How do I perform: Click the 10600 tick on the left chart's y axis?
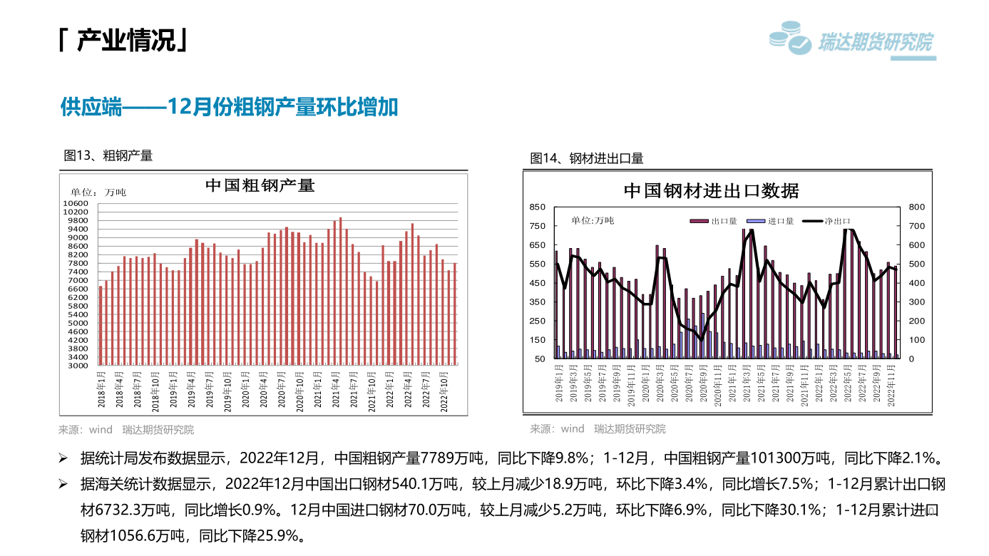click(76, 204)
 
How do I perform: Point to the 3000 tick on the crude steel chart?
click(78, 366)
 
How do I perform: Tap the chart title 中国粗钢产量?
click(260, 185)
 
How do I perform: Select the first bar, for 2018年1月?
click(101, 326)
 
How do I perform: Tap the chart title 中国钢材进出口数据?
click(711, 191)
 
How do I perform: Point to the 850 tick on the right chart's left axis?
click(537, 207)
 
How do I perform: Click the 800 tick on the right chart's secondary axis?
click(916, 207)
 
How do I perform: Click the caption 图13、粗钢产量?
click(108, 155)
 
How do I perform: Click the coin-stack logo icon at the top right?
click(790, 37)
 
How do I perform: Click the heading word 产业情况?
click(125, 41)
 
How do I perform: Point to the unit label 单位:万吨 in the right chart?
click(593, 220)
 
